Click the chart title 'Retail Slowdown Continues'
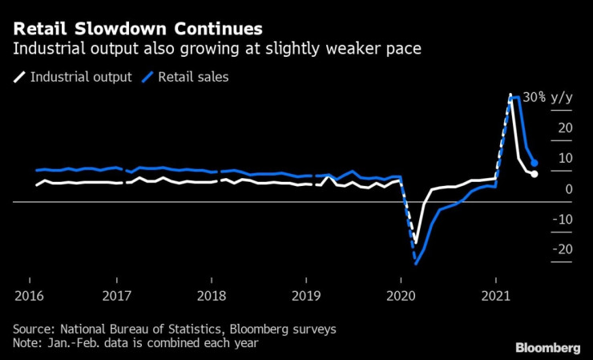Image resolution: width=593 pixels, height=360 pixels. pyautogui.click(x=137, y=28)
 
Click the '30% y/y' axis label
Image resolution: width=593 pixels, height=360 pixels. pyautogui.click(x=548, y=97)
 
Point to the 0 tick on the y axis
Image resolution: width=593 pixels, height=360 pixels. pyautogui.click(x=568, y=188)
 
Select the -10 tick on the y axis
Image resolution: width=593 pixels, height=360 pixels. pyautogui.click(x=563, y=219)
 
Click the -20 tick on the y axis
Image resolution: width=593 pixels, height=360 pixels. pyautogui.click(x=563, y=249)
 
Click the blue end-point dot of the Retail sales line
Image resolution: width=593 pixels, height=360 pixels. pyautogui.click(x=535, y=164)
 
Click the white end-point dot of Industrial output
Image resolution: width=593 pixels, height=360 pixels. pyautogui.click(x=535, y=174)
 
